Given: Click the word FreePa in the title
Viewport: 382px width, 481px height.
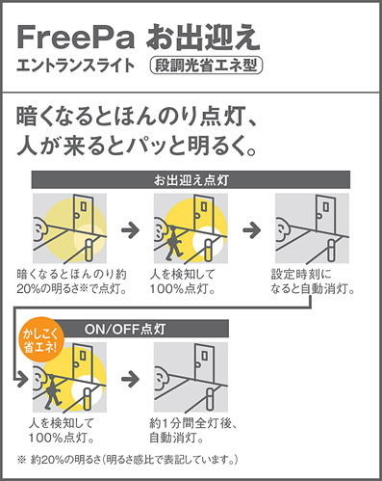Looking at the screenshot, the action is coord(76,38).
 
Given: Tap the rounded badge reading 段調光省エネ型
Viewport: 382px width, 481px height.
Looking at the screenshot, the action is coord(206,66).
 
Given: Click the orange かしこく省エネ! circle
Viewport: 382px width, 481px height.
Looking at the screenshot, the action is coord(41,339).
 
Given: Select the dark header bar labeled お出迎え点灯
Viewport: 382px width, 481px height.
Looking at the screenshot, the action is coord(191,180).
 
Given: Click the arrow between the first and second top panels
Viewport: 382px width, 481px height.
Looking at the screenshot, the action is coord(130,230).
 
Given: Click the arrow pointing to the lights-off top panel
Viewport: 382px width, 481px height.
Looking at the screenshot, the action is coord(252,230).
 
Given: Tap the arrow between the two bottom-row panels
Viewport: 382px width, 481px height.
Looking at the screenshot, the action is coord(130,379).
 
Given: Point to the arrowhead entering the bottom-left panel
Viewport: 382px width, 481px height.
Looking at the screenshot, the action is coord(23,379).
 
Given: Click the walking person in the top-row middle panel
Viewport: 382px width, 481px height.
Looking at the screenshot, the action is coord(173,243).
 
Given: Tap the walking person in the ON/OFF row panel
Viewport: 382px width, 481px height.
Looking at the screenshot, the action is coord(52,391).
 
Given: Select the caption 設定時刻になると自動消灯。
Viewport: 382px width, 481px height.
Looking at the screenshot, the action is coord(313,281).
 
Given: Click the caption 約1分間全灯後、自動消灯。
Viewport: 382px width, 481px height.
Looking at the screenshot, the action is coord(193,431).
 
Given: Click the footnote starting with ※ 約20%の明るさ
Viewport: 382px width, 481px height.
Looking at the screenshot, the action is coord(128,460).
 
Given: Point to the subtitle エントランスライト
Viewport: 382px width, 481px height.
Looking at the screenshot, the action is coord(75,66).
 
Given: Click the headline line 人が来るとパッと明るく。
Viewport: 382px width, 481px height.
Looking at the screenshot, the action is coord(137,147).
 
